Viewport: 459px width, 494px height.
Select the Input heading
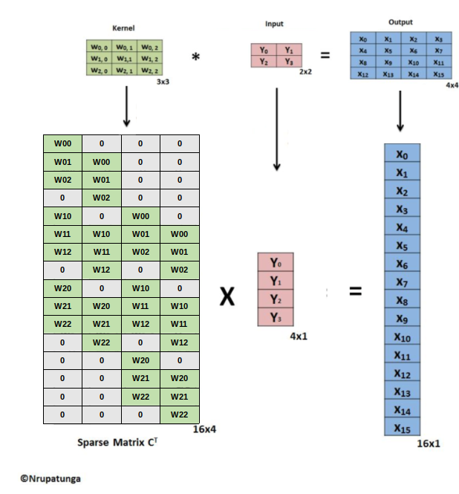pyautogui.click(x=274, y=25)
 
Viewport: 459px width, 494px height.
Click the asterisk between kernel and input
pyautogui.click(x=195, y=57)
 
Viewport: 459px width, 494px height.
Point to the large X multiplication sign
pyautogui.click(x=227, y=297)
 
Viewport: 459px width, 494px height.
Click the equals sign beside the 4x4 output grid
pyautogui.click(x=325, y=55)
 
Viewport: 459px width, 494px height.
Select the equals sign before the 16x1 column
pyautogui.click(x=356, y=292)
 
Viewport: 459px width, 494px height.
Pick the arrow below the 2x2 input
pyautogui.click(x=276, y=130)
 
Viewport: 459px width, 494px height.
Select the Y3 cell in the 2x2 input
pyautogui.click(x=289, y=62)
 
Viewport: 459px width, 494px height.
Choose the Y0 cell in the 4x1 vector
pyautogui.click(x=276, y=263)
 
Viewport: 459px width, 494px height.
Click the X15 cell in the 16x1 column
pyautogui.click(x=402, y=428)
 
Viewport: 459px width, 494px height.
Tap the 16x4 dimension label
pyautogui.click(x=206, y=429)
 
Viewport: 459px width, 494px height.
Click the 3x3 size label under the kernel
pyautogui.click(x=163, y=82)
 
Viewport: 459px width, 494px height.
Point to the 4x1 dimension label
pyautogui.click(x=298, y=336)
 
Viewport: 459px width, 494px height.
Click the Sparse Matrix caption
pyautogui.click(x=117, y=443)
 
